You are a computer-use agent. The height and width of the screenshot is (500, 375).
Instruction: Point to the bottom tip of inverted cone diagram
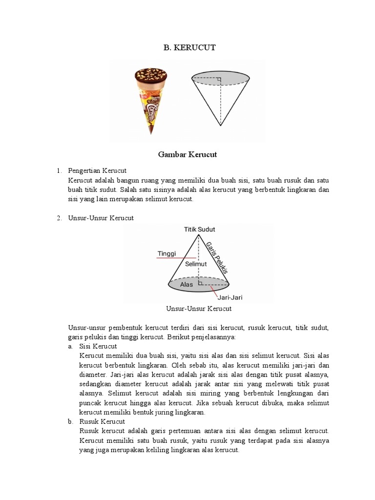(x=221, y=125)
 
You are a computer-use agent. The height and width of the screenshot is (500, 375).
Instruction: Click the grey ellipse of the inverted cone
(x=221, y=77)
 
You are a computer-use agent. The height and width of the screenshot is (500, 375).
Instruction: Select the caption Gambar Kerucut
(x=187, y=154)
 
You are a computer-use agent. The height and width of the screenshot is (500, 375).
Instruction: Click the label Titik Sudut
(x=199, y=229)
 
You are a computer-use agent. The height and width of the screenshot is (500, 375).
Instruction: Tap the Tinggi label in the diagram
(x=166, y=253)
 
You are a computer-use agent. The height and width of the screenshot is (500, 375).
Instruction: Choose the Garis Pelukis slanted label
(x=217, y=257)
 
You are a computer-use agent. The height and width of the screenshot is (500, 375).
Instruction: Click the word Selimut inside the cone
(x=196, y=264)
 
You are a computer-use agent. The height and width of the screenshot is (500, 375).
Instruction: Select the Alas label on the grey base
(x=187, y=284)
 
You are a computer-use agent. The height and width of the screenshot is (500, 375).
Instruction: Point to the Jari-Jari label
(x=230, y=296)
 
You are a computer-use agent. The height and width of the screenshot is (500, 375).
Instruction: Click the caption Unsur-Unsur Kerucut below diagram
(x=199, y=309)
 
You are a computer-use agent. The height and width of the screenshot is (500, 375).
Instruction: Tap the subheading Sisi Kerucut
(x=98, y=346)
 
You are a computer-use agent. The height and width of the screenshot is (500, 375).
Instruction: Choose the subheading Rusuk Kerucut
(x=102, y=421)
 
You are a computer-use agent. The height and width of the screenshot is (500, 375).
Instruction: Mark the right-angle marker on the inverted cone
(x=219, y=79)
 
